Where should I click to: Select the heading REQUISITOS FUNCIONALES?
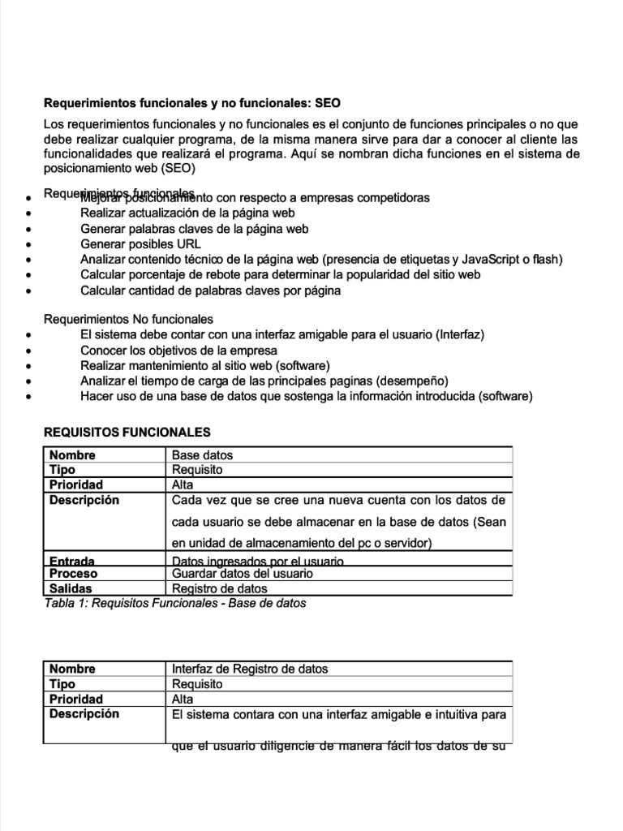[x=127, y=433]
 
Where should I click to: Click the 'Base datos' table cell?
[x=203, y=455]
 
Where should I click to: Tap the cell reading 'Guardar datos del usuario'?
[x=242, y=573]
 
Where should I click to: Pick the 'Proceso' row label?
[x=74, y=573]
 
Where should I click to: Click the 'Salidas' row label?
[x=71, y=588]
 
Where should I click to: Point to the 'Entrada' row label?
[x=72, y=561]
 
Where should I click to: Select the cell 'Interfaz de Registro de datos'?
[x=251, y=669]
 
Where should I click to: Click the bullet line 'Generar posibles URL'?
[x=140, y=244]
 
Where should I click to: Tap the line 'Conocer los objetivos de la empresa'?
[x=178, y=351]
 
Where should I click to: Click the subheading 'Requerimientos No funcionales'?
[x=128, y=319]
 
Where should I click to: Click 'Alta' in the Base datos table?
[x=183, y=484]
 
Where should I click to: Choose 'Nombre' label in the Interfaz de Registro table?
[x=72, y=669]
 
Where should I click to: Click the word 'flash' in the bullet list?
[x=544, y=260]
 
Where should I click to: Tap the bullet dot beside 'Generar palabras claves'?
[x=29, y=230]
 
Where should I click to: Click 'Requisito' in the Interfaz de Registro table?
[x=197, y=684]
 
